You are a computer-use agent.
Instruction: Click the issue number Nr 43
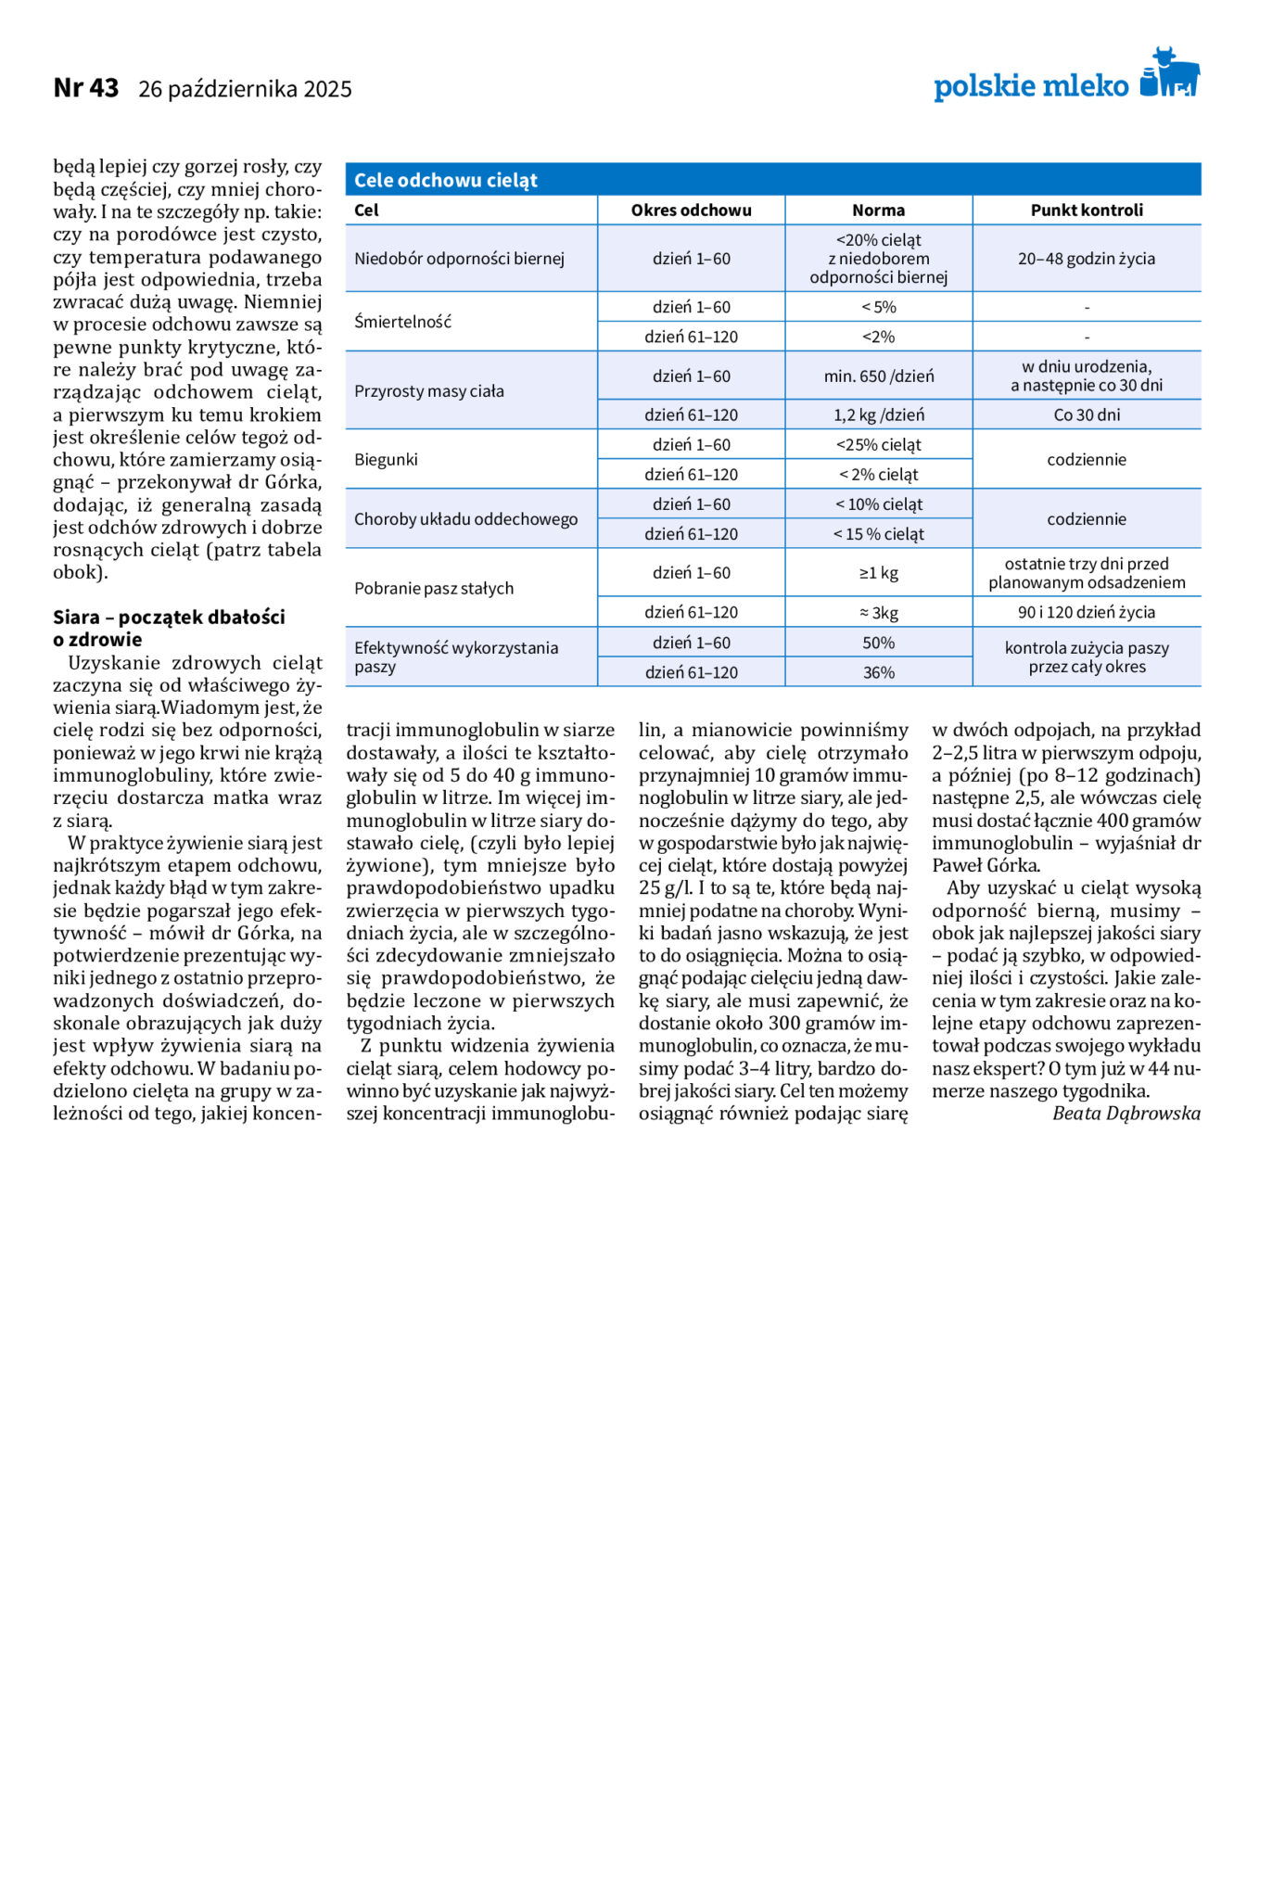(x=86, y=88)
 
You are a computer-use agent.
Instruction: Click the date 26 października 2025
(x=245, y=89)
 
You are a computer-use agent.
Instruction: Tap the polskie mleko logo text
(x=1030, y=86)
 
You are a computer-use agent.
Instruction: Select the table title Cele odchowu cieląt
(x=446, y=180)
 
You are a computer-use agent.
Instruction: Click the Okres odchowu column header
(x=691, y=210)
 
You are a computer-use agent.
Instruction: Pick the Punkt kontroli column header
(x=1087, y=210)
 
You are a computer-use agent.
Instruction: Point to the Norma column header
(x=878, y=210)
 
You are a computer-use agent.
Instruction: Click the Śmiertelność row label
(x=402, y=322)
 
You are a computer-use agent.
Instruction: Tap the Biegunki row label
(x=386, y=459)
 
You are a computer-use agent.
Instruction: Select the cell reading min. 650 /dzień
(x=878, y=376)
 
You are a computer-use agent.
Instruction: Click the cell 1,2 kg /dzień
(x=878, y=414)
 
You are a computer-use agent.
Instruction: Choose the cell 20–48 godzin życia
(x=1087, y=259)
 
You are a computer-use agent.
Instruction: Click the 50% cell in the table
(x=878, y=643)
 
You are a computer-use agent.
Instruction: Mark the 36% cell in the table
(x=878, y=672)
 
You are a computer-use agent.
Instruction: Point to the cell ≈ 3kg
(x=878, y=612)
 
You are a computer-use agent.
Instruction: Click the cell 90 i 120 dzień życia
(x=1087, y=612)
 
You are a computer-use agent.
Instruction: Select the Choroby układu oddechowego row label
(x=465, y=519)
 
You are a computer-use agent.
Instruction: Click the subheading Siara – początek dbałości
(x=169, y=618)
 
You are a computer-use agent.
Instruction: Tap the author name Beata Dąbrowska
(x=1126, y=1114)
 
